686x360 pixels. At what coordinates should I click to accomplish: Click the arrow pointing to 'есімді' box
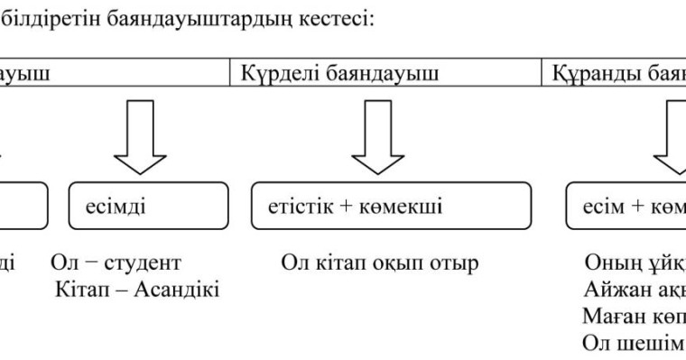tap(142, 138)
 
